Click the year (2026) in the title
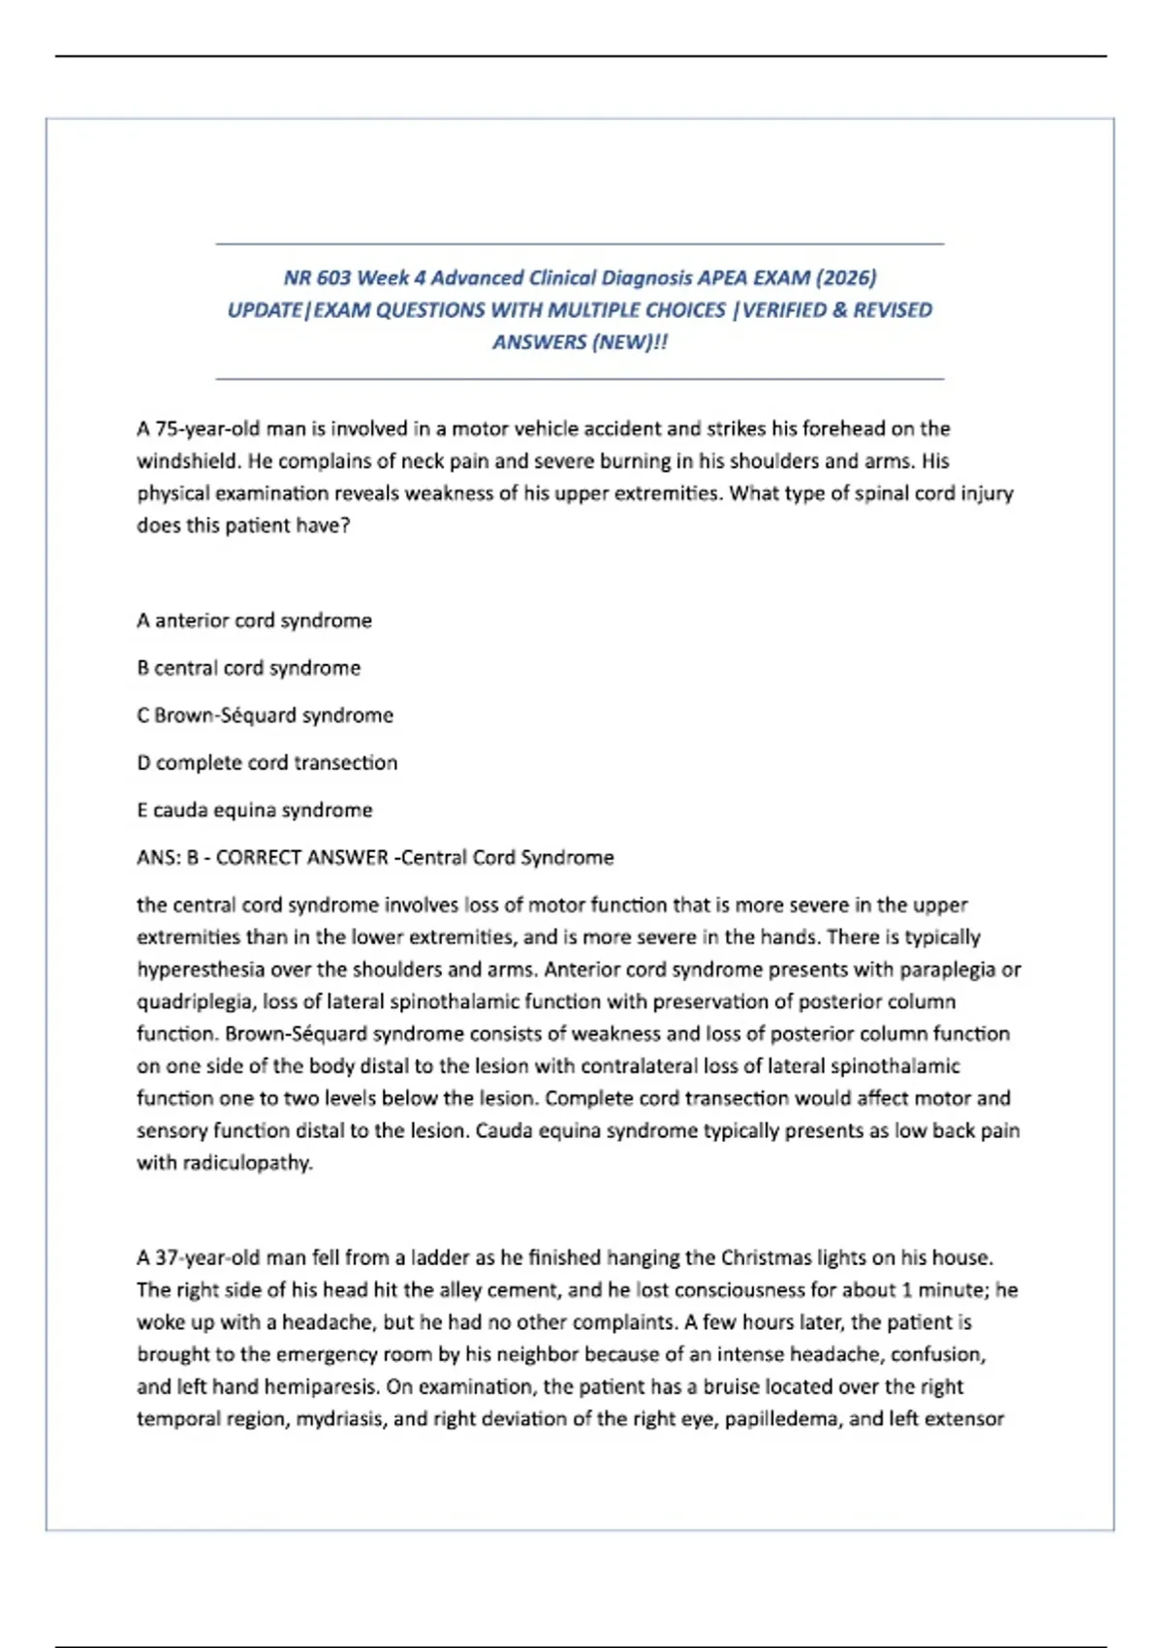pyautogui.click(x=846, y=278)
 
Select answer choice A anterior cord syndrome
pyautogui.click(x=254, y=620)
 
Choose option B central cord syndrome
pyautogui.click(x=248, y=668)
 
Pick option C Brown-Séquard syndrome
pyautogui.click(x=265, y=715)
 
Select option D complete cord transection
pyautogui.click(x=267, y=763)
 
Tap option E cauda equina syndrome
pyautogui.click(x=254, y=810)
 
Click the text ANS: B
pyautogui.click(x=168, y=858)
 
